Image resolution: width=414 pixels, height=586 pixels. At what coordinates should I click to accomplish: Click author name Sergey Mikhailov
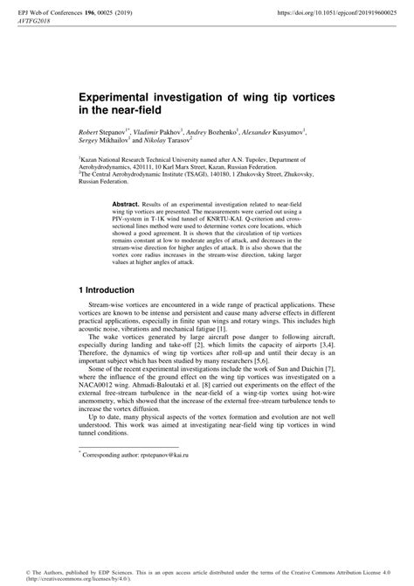(105, 139)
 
